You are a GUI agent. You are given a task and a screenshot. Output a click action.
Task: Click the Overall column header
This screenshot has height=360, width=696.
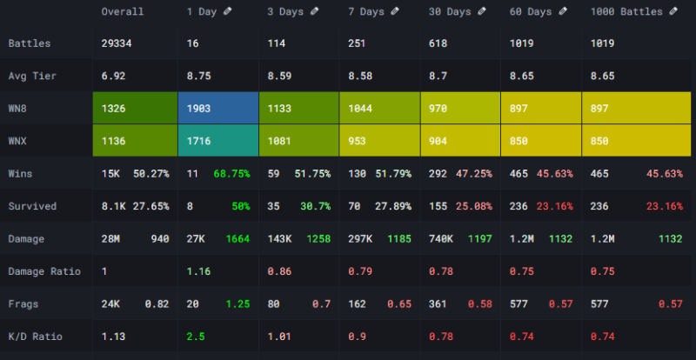[122, 12]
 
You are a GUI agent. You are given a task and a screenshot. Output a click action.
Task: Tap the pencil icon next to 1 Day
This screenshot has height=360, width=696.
[229, 11]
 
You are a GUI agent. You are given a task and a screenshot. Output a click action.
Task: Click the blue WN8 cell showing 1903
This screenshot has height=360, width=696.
[217, 108]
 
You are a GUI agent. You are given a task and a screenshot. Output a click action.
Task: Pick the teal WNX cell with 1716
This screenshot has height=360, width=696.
[217, 140]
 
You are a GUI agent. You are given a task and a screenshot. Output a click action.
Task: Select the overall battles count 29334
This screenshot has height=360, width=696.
[117, 43]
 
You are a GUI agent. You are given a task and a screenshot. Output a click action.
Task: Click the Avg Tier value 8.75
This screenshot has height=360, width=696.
[199, 76]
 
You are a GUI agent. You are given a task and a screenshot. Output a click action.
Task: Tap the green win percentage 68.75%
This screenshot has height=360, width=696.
[232, 174]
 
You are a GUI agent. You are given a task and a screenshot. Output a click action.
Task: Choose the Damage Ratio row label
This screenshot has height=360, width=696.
[43, 270]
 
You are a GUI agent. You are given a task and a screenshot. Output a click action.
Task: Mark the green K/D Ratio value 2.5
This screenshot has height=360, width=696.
[195, 336]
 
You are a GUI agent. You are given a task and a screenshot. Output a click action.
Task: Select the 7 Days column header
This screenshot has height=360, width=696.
[365, 12]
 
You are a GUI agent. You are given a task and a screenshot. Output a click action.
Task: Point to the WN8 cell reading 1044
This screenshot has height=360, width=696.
[378, 108]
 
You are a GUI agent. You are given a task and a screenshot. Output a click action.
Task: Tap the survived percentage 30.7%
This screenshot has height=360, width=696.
[314, 206]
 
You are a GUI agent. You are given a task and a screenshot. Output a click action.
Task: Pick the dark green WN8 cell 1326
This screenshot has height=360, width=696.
[135, 108]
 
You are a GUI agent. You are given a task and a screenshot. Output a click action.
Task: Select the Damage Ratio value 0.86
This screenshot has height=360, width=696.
[279, 270]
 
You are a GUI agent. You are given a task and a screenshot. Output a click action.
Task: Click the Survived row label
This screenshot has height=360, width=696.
[32, 206]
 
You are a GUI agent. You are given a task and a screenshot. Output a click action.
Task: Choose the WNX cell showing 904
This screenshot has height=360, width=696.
[460, 140]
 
